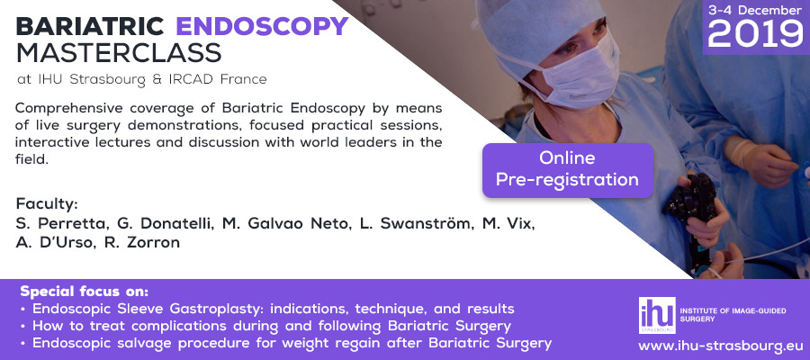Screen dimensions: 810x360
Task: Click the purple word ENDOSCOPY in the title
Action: pyautogui.click(x=263, y=26)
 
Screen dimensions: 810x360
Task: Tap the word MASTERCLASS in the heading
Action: pyautogui.click(x=119, y=52)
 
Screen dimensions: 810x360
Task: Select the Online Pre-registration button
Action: pyautogui.click(x=568, y=170)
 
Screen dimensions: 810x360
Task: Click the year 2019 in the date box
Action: pyautogui.click(x=755, y=34)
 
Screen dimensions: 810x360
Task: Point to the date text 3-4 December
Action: pyautogui.click(x=755, y=10)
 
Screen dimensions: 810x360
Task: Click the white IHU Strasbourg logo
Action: pyautogui.click(x=657, y=315)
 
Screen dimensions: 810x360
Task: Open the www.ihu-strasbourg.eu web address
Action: pyautogui.click(x=720, y=346)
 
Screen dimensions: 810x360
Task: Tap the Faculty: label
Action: pyautogui.click(x=47, y=204)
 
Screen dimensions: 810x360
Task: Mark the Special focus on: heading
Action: pyautogui.click(x=85, y=292)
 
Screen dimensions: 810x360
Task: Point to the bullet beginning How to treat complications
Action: pyautogui.click(x=266, y=327)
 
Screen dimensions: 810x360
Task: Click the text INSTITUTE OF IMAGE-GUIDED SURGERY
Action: pyautogui.click(x=733, y=314)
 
